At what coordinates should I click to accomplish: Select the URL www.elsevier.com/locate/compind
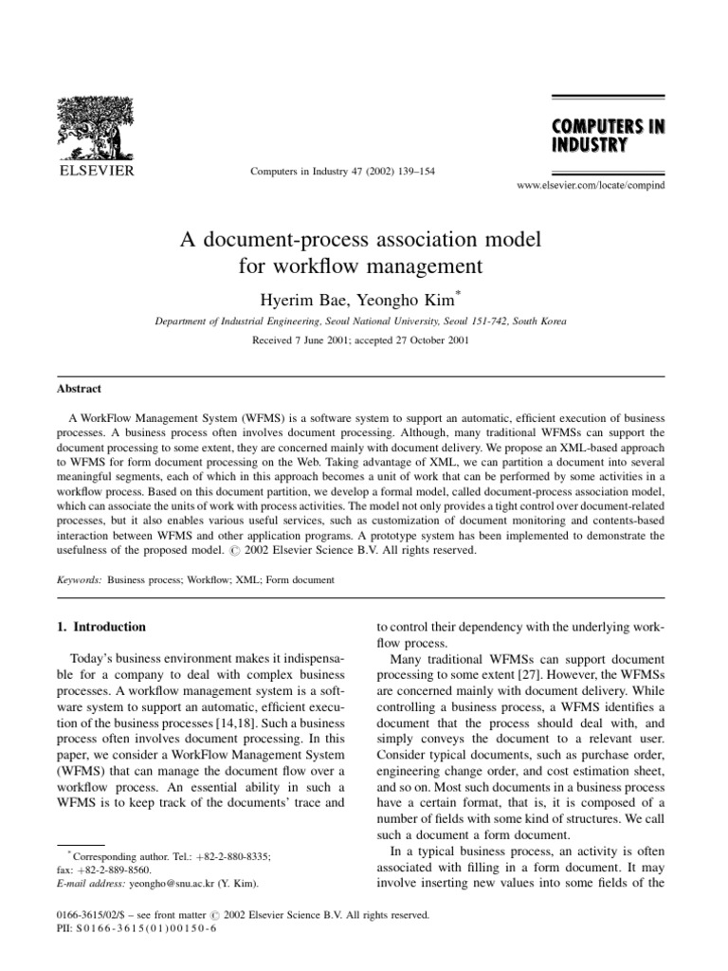pos(591,185)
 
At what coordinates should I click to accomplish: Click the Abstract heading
pos(77,389)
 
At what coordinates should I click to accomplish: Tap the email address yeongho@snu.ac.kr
pos(155,883)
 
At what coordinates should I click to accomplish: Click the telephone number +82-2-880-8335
pos(227,856)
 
